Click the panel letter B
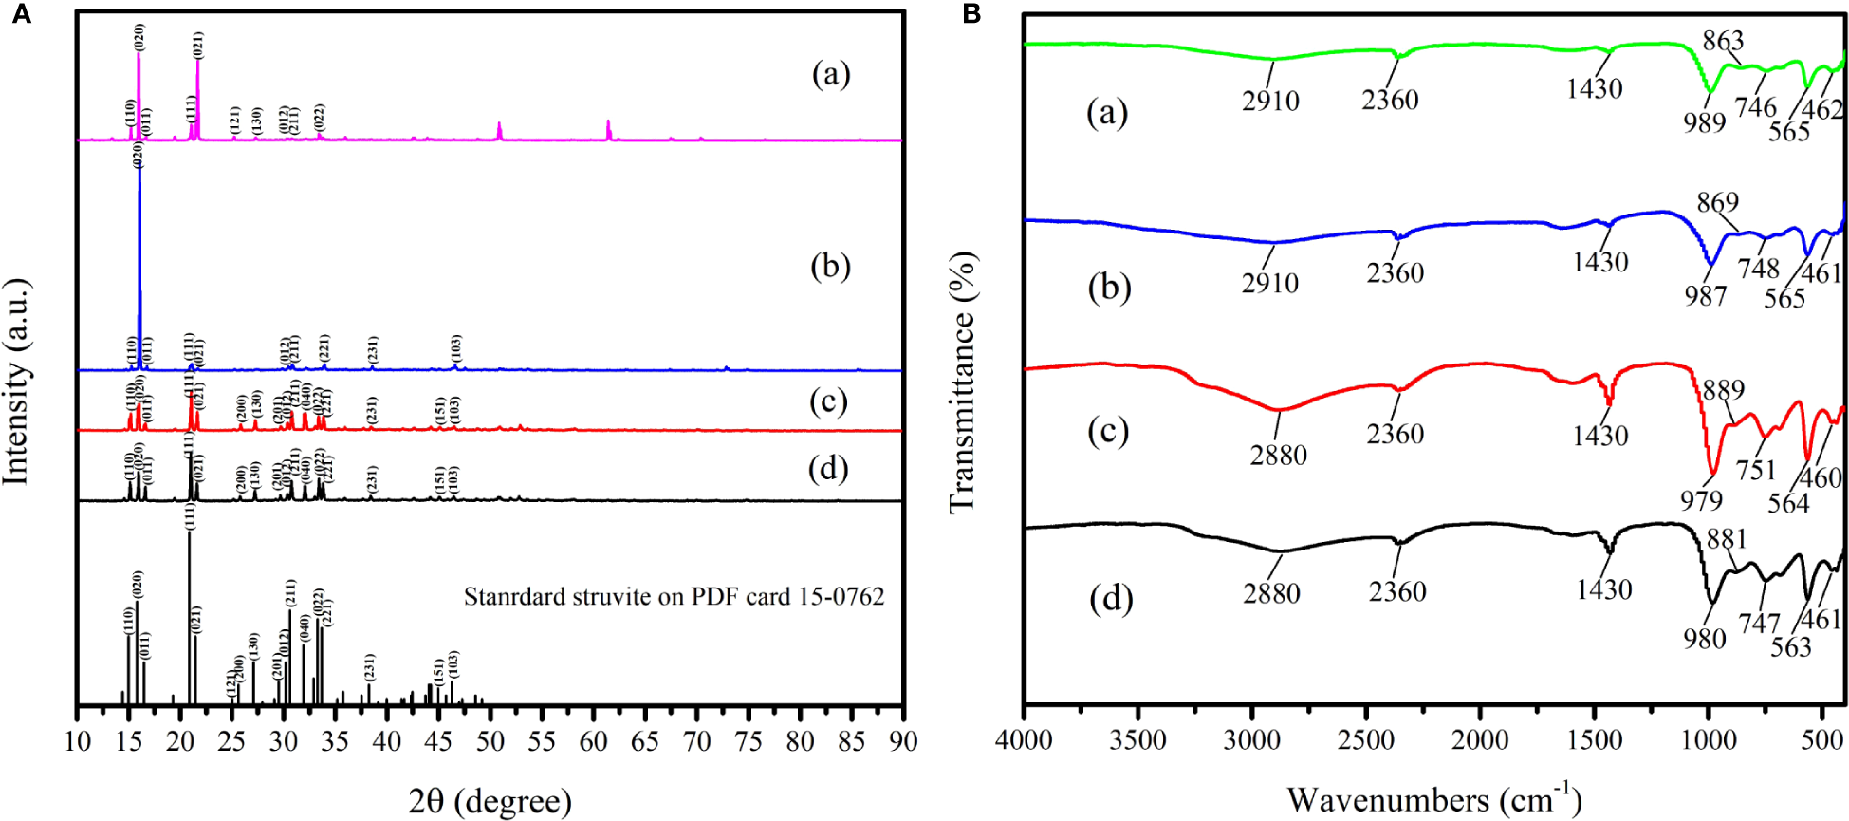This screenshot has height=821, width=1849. [x=971, y=13]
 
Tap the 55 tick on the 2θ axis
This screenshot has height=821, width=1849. [x=542, y=741]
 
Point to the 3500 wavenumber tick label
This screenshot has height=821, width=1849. [x=1138, y=740]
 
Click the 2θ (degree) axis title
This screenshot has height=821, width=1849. [x=490, y=802]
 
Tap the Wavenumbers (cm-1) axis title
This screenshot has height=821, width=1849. [x=1433, y=799]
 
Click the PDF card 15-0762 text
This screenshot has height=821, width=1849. [x=674, y=596]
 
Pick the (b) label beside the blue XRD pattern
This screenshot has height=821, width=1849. [x=830, y=266]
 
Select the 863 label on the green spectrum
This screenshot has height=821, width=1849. [x=1723, y=40]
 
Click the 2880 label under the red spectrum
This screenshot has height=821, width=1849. [x=1278, y=455]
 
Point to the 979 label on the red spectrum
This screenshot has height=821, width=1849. [x=1701, y=500]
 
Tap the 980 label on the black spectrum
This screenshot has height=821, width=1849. [x=1704, y=639]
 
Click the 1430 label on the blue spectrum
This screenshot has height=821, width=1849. [x=1599, y=262]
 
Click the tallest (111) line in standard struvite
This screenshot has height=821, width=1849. [x=190, y=617]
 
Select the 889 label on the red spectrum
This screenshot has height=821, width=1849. [x=1723, y=389]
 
